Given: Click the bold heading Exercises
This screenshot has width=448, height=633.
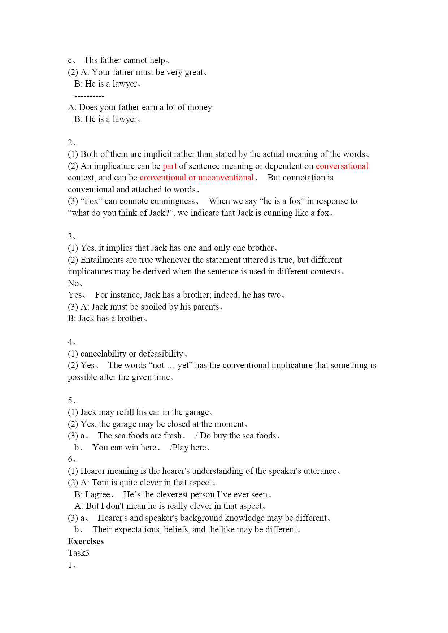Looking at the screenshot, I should point(86,541).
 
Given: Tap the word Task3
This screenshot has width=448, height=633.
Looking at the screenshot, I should point(78,553).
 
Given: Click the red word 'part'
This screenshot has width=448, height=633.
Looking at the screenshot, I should point(170,166).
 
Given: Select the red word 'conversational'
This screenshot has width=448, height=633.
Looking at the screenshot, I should point(342,166).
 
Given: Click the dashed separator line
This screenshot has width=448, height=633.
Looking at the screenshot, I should point(89,96).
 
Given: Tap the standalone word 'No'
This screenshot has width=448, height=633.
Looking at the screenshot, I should point(73,283).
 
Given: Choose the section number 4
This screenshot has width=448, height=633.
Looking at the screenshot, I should point(70,342).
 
